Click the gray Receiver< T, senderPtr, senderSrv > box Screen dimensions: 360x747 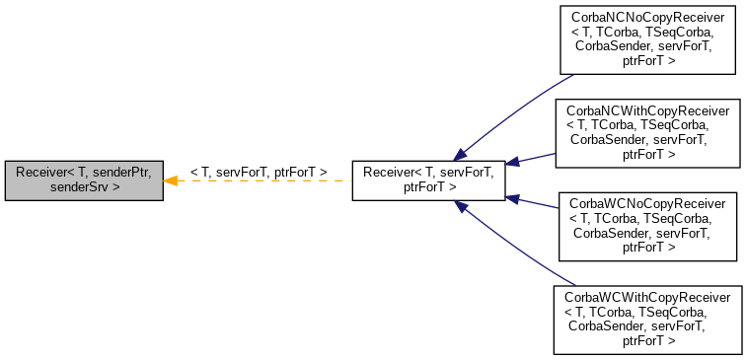[83, 180]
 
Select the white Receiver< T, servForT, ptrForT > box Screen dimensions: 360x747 [428, 180]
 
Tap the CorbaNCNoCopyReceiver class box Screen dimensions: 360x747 [648, 39]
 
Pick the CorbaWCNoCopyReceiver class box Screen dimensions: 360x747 [648, 226]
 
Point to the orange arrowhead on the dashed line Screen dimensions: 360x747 [170, 180]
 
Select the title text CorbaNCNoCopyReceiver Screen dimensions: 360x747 [648, 18]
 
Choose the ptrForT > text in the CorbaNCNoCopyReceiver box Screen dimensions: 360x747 [648, 61]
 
